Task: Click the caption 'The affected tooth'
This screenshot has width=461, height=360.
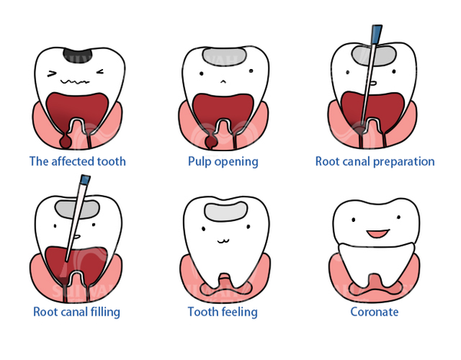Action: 77,161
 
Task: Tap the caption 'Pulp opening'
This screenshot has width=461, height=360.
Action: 223,161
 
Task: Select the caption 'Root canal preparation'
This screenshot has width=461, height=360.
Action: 375,161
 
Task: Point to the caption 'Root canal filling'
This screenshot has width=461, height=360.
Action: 77,312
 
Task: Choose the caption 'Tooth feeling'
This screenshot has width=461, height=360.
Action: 223,312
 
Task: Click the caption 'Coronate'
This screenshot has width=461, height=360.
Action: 374,312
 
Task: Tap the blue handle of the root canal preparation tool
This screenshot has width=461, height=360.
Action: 376,35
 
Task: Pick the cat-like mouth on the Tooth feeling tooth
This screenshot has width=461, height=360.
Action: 224,239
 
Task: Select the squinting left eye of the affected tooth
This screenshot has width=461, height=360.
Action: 53,74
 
